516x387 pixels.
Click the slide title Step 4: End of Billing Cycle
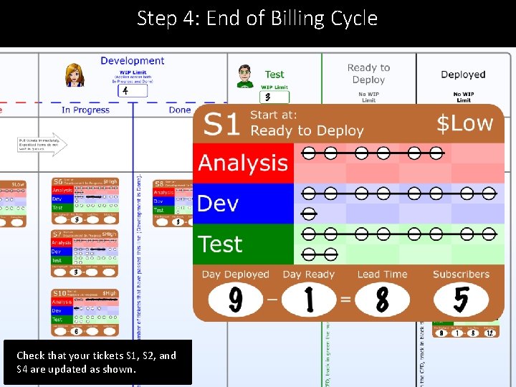tap(257, 18)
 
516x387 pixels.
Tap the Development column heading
tap(132, 61)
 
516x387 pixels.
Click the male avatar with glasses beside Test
tap(245, 76)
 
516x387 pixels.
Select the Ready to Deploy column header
tap(368, 73)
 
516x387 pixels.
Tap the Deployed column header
tap(463, 75)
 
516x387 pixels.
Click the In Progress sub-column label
tap(85, 110)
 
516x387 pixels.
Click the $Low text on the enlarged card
tap(465, 123)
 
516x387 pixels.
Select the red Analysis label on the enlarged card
tap(243, 163)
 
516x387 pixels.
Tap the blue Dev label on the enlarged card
tap(218, 204)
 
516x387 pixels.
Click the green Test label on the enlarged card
tap(221, 244)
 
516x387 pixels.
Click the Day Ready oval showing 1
tap(309, 300)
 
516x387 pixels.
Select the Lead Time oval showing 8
tap(383, 300)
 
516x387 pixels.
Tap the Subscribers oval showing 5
tap(461, 300)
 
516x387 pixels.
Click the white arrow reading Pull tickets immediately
tap(42, 144)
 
